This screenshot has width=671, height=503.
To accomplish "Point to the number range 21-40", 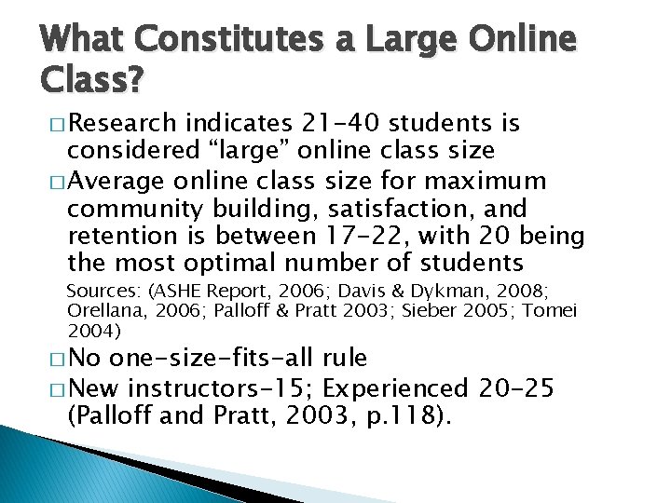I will tap(343, 124).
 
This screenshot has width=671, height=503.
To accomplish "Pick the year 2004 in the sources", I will tap(89, 329).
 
